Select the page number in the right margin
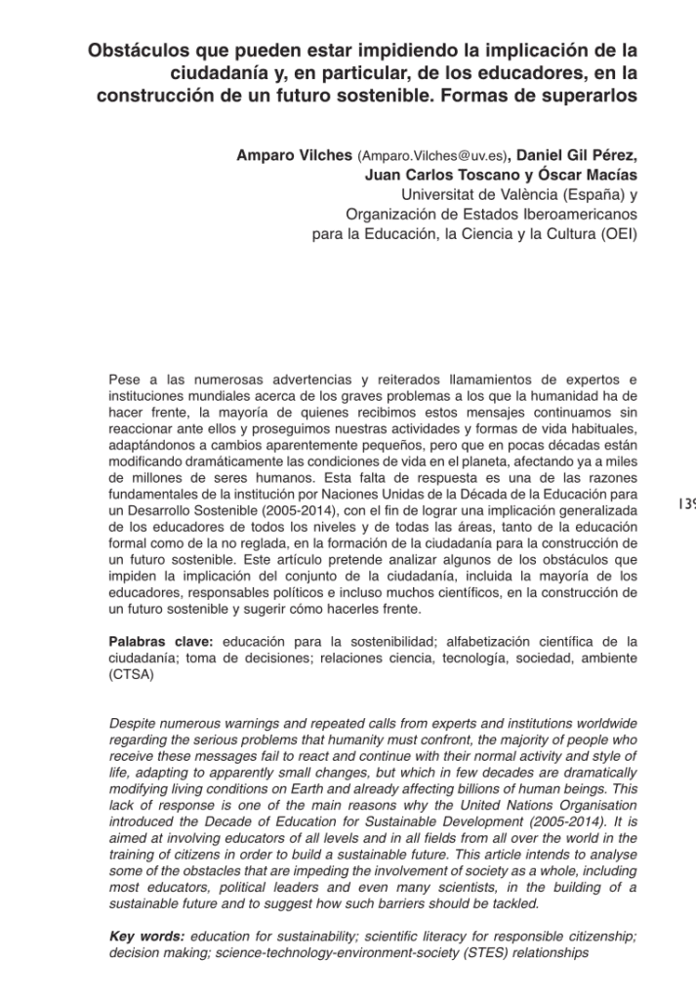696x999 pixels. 685,504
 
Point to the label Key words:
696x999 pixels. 147,937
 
